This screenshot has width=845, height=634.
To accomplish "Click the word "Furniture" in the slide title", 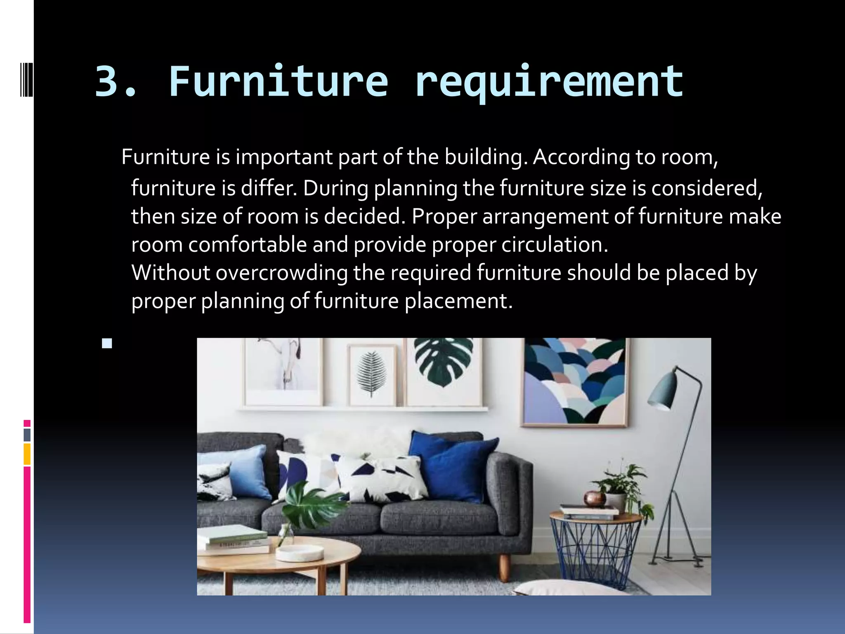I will pyautogui.click(x=279, y=81).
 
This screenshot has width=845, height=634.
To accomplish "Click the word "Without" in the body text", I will pyautogui.click(x=170, y=273).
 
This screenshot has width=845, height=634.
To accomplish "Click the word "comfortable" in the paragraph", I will pyautogui.click(x=248, y=245).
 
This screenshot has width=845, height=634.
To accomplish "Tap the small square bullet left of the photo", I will pyautogui.click(x=107, y=343).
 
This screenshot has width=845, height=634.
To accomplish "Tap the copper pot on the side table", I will pyautogui.click(x=595, y=499).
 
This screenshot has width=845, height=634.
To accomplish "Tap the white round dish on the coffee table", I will pyautogui.click(x=299, y=553).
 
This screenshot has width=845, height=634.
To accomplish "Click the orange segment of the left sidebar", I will pyautogui.click(x=27, y=454).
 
